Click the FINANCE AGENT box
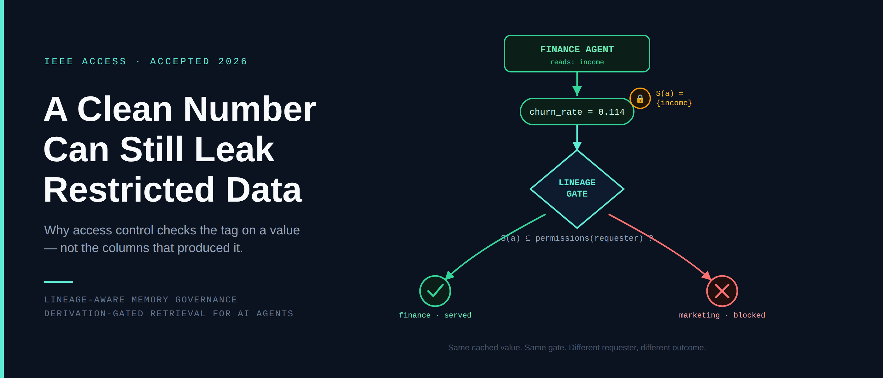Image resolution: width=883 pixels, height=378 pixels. (x=577, y=54)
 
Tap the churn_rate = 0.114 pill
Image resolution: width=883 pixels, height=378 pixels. (x=577, y=112)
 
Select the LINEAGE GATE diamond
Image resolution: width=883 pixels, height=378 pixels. (x=577, y=189)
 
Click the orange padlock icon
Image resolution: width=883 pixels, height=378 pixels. (x=640, y=98)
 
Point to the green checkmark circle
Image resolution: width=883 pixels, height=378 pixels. (x=435, y=291)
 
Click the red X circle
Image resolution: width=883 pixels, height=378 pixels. (x=722, y=291)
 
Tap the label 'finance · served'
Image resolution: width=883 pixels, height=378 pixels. (x=435, y=315)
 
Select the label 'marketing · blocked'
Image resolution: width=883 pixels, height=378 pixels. (x=722, y=315)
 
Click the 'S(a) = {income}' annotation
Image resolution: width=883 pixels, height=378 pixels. (x=674, y=98)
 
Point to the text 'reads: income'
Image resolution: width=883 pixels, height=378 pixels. (x=577, y=62)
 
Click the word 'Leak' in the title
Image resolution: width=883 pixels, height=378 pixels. (x=234, y=149)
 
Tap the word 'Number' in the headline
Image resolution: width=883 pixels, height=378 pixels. (x=249, y=109)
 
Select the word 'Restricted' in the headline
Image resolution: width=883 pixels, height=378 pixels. (x=129, y=190)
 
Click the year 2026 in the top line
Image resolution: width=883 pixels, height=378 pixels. (x=233, y=61)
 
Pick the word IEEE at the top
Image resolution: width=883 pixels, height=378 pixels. (x=59, y=61)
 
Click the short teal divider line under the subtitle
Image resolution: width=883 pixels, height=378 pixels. (x=59, y=282)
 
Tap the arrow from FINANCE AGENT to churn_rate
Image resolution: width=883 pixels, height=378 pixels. (x=577, y=84)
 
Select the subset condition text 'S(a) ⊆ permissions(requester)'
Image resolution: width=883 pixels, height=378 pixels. (x=572, y=238)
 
